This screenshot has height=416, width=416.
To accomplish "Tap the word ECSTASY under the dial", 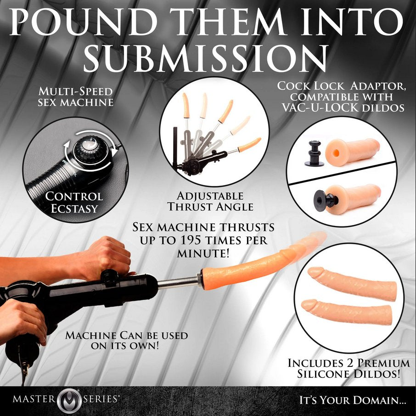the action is (x=74, y=208).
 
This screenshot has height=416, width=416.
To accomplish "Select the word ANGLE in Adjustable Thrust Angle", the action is (x=235, y=207).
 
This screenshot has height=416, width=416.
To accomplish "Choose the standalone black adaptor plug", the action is (x=314, y=154).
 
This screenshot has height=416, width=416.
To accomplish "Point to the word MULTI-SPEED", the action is (x=76, y=92).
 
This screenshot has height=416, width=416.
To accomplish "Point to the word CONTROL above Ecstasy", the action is (x=74, y=197).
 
